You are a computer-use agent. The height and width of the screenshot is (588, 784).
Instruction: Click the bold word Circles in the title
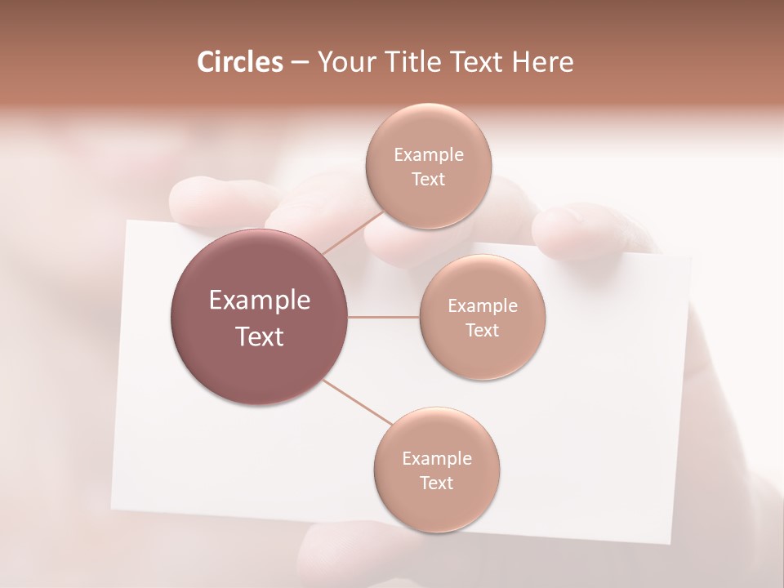pyautogui.click(x=239, y=62)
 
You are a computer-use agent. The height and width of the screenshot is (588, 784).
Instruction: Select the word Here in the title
pyautogui.click(x=542, y=62)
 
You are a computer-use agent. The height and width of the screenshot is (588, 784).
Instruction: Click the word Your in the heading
pyautogui.click(x=346, y=62)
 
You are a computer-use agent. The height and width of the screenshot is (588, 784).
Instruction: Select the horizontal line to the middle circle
pyautogui.click(x=384, y=317)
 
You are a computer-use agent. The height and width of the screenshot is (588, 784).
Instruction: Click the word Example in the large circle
pyautogui.click(x=260, y=301)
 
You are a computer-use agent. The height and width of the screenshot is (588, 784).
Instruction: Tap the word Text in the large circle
pyautogui.click(x=260, y=336)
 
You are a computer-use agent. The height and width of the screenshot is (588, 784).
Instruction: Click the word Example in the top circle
pyautogui.click(x=428, y=155)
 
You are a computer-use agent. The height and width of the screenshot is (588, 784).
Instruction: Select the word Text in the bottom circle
pyautogui.click(x=437, y=483)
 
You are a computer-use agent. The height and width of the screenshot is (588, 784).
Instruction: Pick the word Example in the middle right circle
pyautogui.click(x=483, y=306)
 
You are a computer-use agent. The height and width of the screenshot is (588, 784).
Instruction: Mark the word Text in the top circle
pyautogui.click(x=428, y=180)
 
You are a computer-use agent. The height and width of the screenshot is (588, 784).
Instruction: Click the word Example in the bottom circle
pyautogui.click(x=437, y=459)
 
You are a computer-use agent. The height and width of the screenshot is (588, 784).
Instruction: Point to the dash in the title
pyautogui.click(x=300, y=62)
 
